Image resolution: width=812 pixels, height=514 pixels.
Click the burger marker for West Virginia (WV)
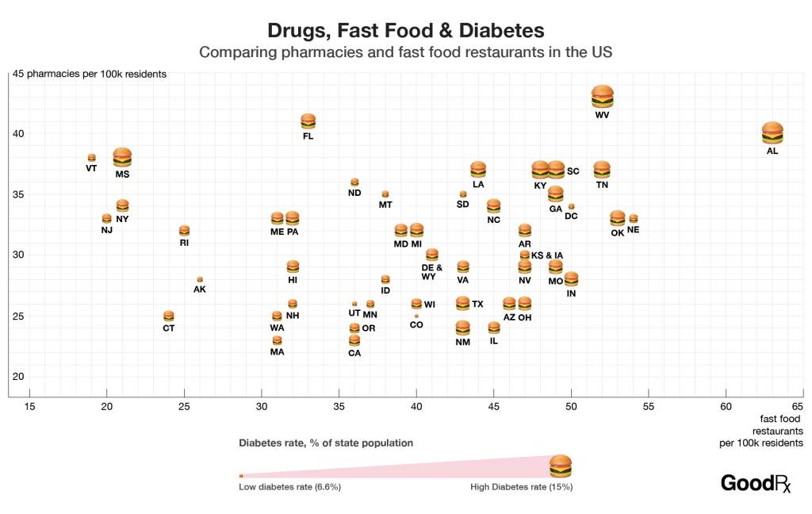pyautogui.click(x=603, y=97)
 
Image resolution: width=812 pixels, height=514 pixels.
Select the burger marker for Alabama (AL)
pyautogui.click(x=772, y=133)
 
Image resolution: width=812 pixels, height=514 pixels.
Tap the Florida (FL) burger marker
pyautogui.click(x=308, y=121)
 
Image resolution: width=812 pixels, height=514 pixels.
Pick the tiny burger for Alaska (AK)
pyautogui.click(x=200, y=279)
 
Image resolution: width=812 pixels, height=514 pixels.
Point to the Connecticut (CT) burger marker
pyautogui.click(x=169, y=316)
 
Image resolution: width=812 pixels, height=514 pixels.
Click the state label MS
pyautogui.click(x=122, y=174)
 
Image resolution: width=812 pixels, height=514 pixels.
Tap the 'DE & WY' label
pyautogui.click(x=432, y=272)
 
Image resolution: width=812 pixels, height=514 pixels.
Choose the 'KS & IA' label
pyautogui.click(x=547, y=255)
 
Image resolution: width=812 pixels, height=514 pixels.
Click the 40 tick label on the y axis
pyautogui.click(x=16, y=133)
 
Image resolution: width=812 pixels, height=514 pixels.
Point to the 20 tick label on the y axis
pyautogui.click(x=16, y=377)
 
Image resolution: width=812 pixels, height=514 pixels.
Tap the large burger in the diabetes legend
pyautogui.click(x=561, y=466)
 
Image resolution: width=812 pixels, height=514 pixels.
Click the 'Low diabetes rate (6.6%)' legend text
pyautogui.click(x=289, y=487)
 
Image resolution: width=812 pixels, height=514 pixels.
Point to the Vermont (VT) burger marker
pyautogui.click(x=91, y=158)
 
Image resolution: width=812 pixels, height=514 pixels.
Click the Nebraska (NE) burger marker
pyautogui.click(x=633, y=218)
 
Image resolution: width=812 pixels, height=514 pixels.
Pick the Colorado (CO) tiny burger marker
pyautogui.click(x=416, y=316)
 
